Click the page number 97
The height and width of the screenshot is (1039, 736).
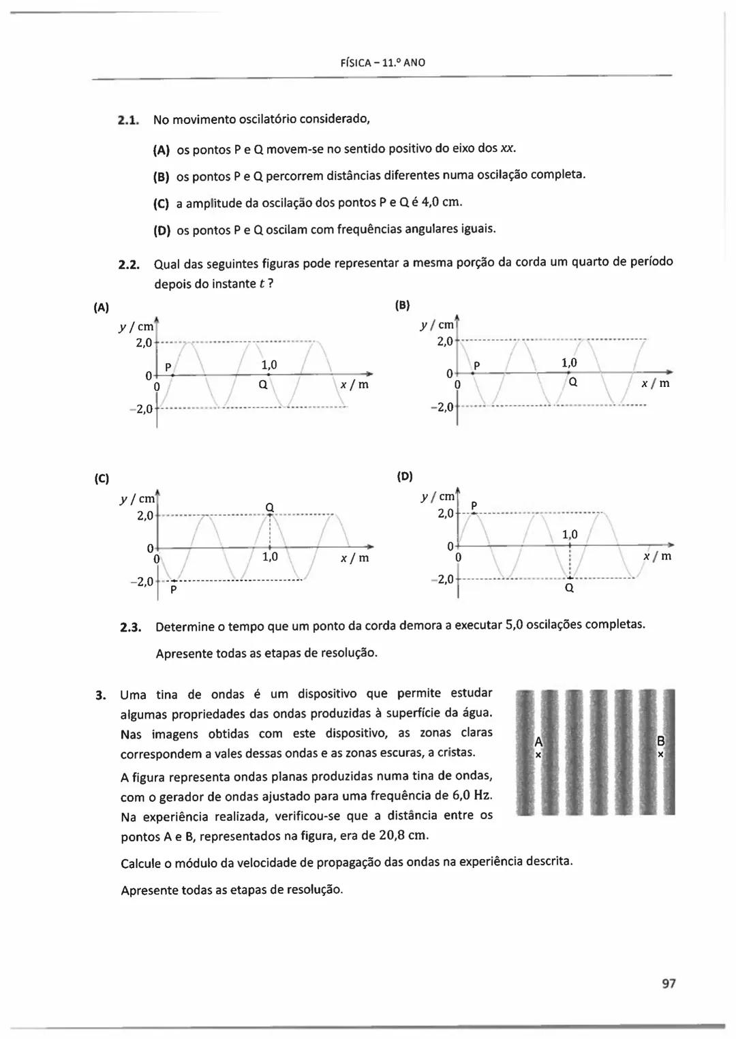668,983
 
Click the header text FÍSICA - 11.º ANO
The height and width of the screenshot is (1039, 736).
382,63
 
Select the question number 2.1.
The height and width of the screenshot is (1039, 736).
128,121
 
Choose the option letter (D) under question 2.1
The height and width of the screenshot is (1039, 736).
162,230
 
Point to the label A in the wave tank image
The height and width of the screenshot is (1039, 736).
538,741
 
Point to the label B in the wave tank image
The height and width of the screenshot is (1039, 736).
660,741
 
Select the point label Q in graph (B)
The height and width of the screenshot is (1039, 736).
573,382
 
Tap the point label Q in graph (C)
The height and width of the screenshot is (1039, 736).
269,506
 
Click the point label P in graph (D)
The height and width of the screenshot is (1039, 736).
474,505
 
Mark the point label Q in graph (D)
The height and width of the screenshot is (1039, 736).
570,588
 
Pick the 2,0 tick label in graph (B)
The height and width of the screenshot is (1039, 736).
445,341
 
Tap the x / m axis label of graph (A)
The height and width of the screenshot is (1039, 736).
354,385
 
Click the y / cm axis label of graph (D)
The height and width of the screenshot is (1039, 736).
438,497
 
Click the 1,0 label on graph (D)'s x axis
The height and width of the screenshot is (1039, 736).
570,535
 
